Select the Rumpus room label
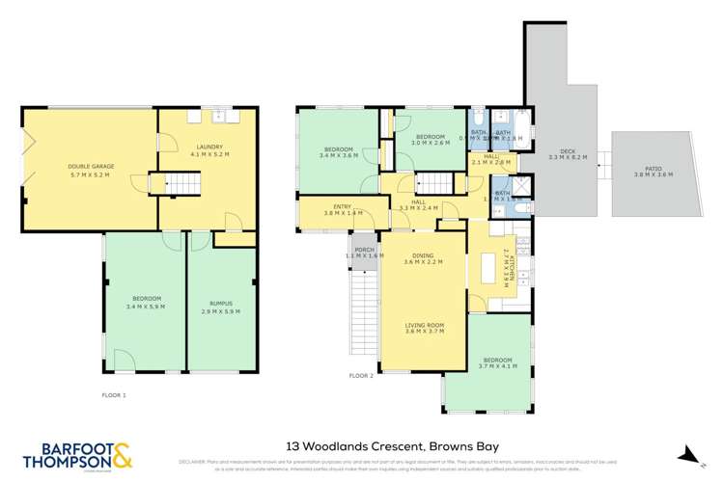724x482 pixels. pyautogui.click(x=221, y=307)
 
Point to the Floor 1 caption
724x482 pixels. pyautogui.click(x=114, y=395)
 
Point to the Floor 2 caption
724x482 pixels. pyautogui.click(x=361, y=376)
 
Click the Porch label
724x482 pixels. pyautogui.click(x=363, y=254)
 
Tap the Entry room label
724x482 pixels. pyautogui.click(x=343, y=209)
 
